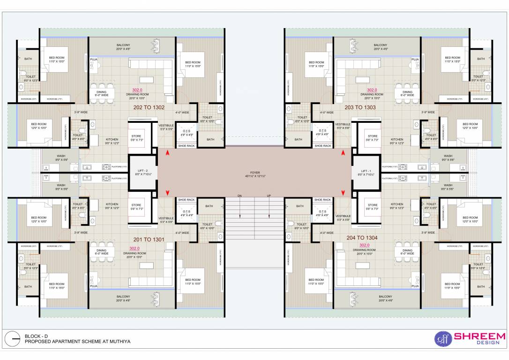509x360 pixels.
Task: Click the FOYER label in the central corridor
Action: (255, 172)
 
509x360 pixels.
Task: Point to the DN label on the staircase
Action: (240, 195)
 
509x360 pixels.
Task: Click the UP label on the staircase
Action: (269, 195)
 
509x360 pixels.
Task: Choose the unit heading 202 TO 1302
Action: (149, 107)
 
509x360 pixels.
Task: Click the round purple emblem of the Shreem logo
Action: (441, 338)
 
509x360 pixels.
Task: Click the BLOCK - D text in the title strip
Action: (36, 336)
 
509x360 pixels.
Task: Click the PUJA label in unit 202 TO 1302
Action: (94, 60)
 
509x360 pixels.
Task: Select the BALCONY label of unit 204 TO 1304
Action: (385, 297)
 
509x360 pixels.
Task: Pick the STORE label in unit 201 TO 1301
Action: (136, 205)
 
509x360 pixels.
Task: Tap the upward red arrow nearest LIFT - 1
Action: (343, 153)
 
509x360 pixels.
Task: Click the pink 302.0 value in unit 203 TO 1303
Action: (372, 90)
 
